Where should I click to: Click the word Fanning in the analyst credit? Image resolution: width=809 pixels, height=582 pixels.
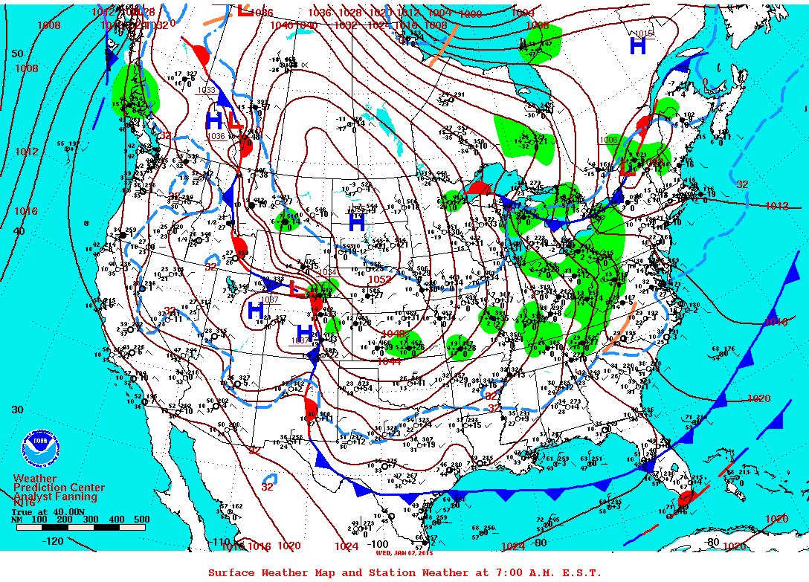(x=77, y=497)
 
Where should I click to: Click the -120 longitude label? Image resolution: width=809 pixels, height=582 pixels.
(x=52, y=541)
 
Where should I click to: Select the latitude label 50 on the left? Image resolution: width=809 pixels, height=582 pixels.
(x=18, y=54)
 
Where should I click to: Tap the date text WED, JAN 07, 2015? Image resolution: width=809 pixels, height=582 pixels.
(x=404, y=553)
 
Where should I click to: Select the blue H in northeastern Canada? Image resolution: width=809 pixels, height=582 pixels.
(x=638, y=46)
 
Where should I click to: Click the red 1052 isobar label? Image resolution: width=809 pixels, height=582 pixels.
(x=378, y=279)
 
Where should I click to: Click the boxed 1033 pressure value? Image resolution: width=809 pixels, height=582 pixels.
(x=206, y=90)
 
